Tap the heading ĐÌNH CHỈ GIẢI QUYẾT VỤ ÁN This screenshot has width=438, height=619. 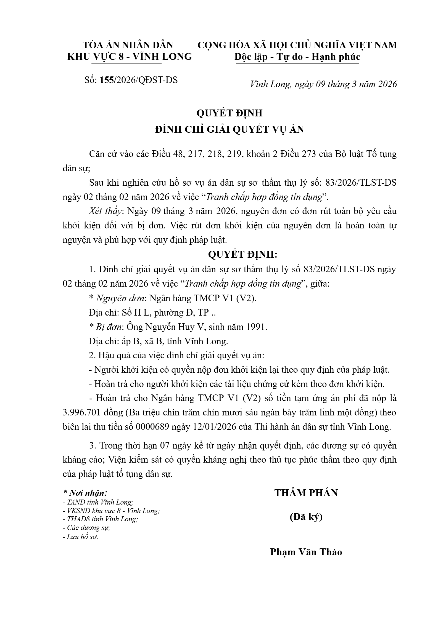pos(229,129)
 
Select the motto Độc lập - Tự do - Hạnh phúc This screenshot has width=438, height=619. pos(297,57)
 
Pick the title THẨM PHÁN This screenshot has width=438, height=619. pos(306,493)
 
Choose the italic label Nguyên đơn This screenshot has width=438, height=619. pos(121,298)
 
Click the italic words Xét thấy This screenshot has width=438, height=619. pos(105,211)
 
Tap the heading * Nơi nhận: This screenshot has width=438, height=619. pos(85,493)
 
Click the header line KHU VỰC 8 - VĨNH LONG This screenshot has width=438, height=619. pos(130,57)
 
